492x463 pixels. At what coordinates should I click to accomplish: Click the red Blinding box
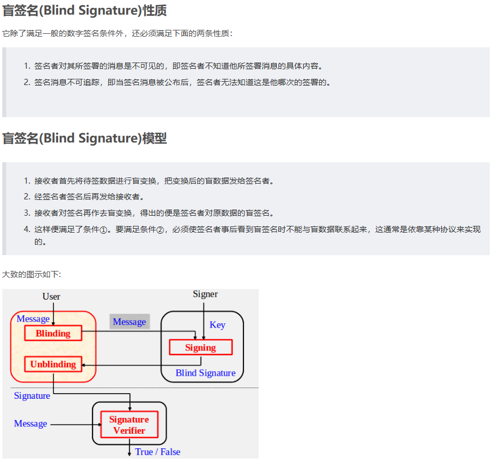(53, 333)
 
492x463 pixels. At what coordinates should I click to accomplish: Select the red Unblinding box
(53, 364)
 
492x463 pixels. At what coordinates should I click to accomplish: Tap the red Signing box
(201, 348)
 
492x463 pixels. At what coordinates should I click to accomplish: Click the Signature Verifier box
(129, 425)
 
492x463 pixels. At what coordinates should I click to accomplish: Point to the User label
(51, 296)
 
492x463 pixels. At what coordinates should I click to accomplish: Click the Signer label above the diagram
(205, 294)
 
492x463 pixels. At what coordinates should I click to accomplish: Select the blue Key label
(217, 324)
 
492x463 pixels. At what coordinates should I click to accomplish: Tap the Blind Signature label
(205, 373)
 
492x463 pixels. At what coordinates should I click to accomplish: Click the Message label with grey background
(129, 322)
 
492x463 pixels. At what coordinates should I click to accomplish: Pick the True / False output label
(157, 452)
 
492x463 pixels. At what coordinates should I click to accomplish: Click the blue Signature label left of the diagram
(32, 396)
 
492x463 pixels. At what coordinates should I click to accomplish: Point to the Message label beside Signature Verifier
(30, 424)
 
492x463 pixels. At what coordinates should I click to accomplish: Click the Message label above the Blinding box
(33, 319)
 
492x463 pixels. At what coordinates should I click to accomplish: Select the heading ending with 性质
(85, 11)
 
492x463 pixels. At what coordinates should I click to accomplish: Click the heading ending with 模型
(85, 138)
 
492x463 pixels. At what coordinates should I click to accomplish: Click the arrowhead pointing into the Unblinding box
(85, 365)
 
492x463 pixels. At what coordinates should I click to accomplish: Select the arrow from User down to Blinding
(53, 313)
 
